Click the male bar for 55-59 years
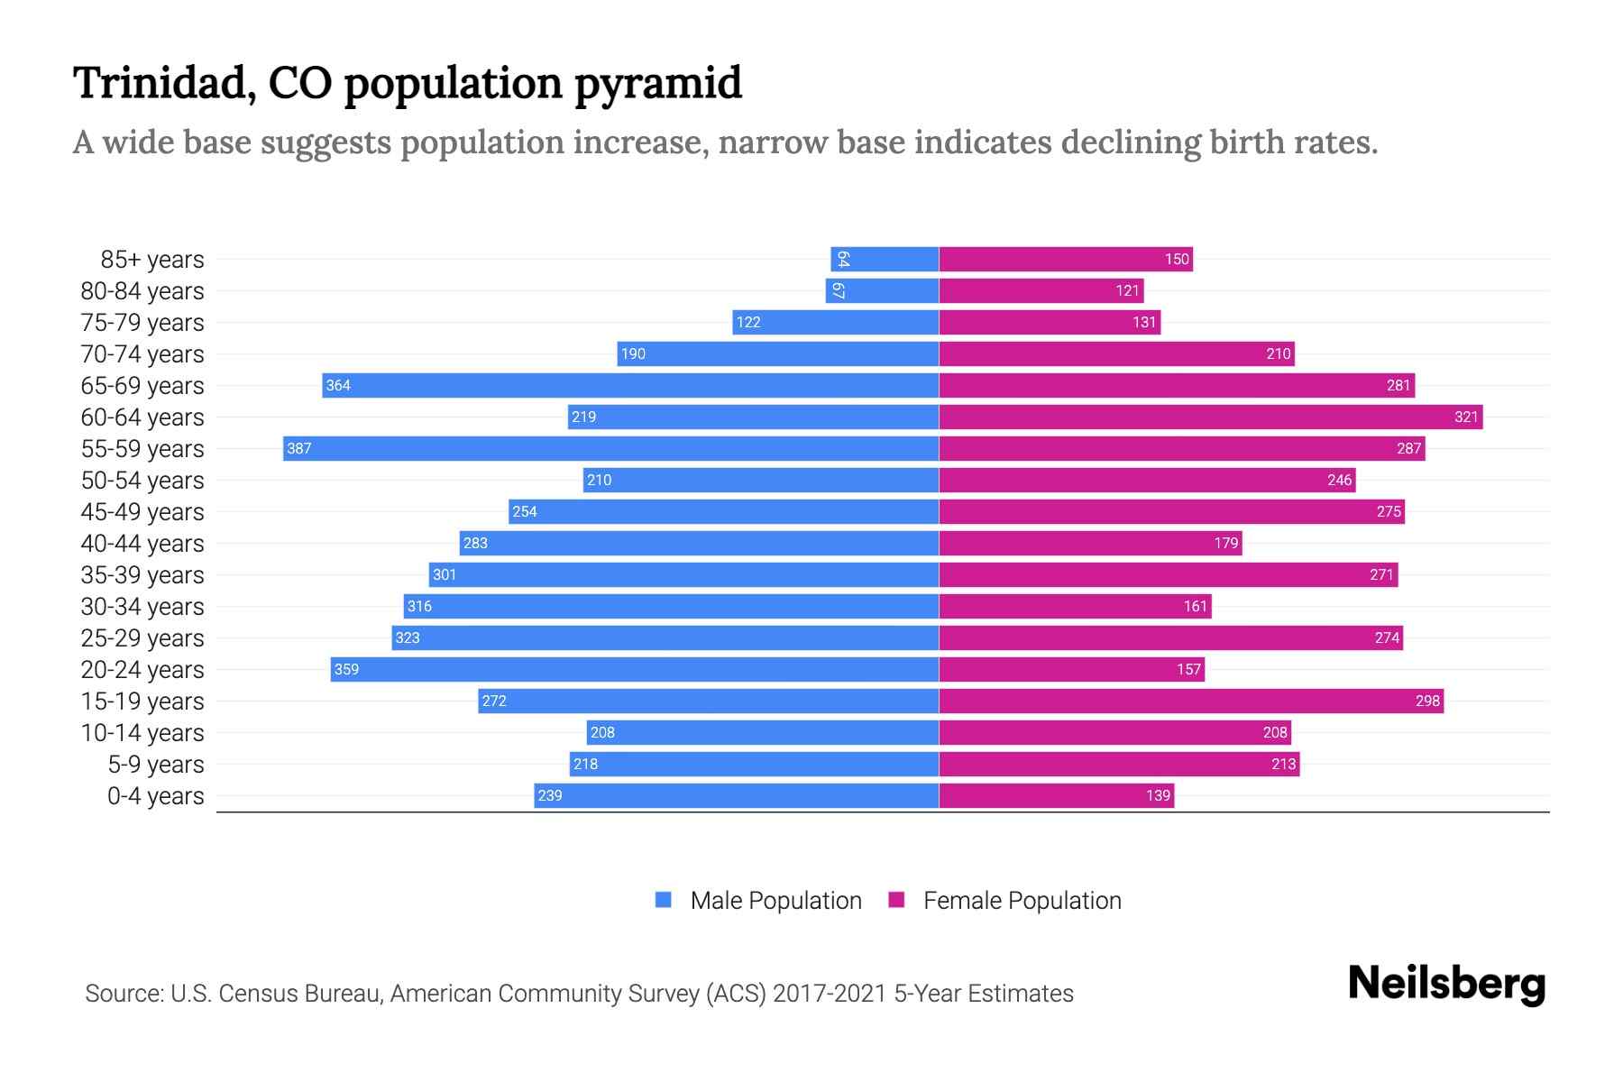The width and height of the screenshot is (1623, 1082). [x=610, y=448]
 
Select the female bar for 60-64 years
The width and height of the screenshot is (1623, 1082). [x=1210, y=417]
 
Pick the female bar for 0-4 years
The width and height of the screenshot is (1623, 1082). [x=1056, y=795]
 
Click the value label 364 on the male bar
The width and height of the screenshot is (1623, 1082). [x=338, y=385]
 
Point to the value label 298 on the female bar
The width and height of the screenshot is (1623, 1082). [x=1427, y=701]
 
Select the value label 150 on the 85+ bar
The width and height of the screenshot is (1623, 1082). [x=1177, y=259]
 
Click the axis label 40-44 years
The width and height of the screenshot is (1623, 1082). [x=142, y=544]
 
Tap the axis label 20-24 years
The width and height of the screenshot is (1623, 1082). [x=142, y=670]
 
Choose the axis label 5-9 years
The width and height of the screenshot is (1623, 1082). [x=156, y=765]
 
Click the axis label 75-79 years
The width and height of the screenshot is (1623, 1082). [x=142, y=323]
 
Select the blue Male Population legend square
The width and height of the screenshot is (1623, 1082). [x=664, y=900]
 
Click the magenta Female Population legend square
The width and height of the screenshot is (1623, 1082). [x=896, y=900]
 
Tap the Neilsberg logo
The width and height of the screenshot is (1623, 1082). [x=1446, y=984]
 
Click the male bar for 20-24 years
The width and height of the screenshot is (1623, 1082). [x=634, y=669]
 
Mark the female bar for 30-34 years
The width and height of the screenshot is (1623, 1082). [x=1075, y=606]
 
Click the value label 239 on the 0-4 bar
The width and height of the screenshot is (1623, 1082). [x=550, y=795]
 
